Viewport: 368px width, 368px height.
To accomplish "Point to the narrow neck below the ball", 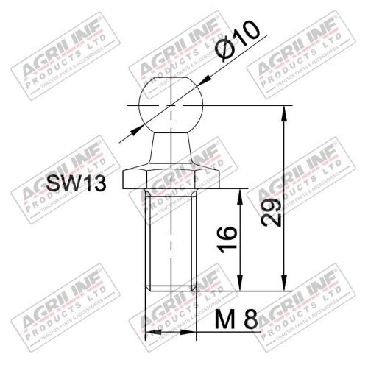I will point(171,146).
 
